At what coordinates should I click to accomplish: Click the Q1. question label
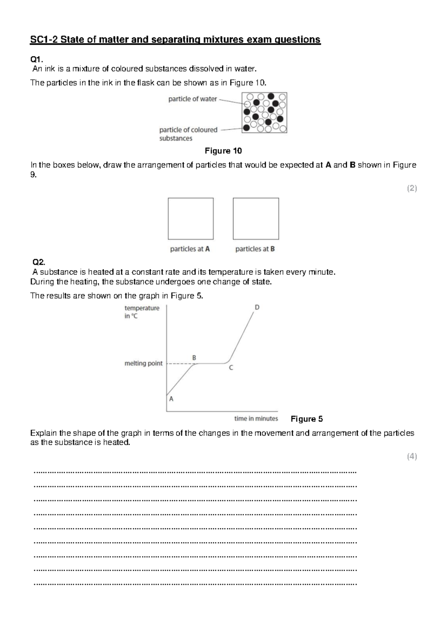[37, 59]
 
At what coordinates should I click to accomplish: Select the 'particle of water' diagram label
[192, 99]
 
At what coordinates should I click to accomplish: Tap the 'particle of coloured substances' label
[188, 134]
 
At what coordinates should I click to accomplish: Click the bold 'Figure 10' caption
[223, 151]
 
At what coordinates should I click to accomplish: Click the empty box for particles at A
[191, 219]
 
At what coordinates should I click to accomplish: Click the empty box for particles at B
[256, 219]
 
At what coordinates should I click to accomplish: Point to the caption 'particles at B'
[255, 249]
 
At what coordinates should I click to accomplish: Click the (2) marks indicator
[412, 189]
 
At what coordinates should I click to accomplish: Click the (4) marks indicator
[412, 456]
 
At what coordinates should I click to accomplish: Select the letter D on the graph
[257, 307]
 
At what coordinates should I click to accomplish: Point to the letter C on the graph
[231, 368]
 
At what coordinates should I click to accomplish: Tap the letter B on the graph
[194, 357]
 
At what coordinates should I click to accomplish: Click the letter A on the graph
[171, 399]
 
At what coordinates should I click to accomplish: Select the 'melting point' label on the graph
[143, 363]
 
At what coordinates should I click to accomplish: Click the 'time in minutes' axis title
[256, 418]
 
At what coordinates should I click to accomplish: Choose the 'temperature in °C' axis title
[142, 312]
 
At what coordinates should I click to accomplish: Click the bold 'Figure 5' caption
[307, 419]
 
